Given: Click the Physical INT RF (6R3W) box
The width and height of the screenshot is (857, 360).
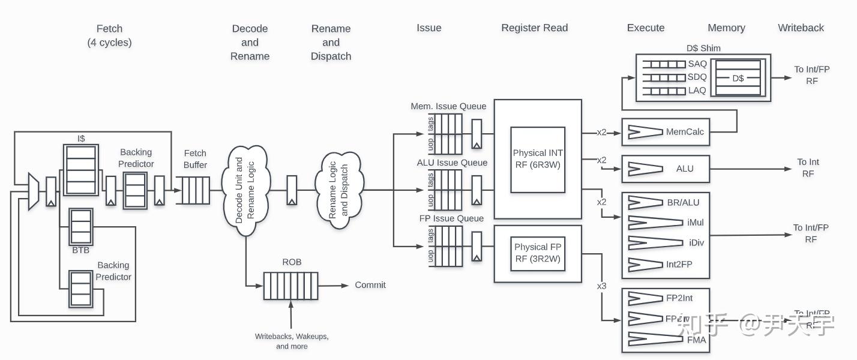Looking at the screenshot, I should [x=538, y=159].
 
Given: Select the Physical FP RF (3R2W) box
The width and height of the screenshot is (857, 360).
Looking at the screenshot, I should [x=538, y=253].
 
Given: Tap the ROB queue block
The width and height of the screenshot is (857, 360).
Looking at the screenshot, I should [x=290, y=286].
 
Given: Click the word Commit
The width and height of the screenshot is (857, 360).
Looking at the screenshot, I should [x=370, y=285].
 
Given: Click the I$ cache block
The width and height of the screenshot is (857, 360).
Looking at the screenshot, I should [x=80, y=169].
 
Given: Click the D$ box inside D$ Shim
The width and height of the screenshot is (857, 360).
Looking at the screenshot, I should [x=738, y=78].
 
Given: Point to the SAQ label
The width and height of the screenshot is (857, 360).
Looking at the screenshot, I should [x=697, y=64].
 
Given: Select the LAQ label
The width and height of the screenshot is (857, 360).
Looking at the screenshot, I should [x=697, y=91].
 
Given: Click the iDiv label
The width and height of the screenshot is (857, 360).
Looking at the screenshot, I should [x=696, y=242].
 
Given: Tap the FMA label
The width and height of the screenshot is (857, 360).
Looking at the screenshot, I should [x=696, y=340].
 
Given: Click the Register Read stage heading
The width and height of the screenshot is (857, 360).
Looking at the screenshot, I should [x=534, y=28].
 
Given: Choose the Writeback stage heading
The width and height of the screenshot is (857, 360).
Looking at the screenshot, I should [x=801, y=28].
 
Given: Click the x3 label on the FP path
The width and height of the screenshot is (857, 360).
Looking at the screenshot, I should [x=601, y=286].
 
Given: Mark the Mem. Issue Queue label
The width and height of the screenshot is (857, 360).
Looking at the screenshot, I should [x=448, y=106].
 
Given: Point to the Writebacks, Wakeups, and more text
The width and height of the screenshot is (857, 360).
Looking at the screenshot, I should [x=292, y=341].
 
